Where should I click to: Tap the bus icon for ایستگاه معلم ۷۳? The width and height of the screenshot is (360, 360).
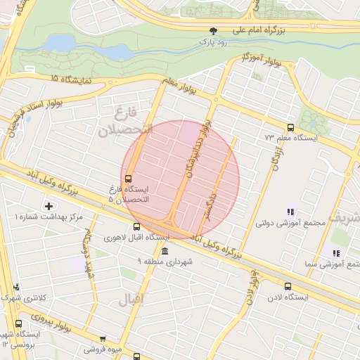[290, 127]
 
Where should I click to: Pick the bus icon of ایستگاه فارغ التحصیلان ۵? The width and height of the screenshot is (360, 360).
[127, 178]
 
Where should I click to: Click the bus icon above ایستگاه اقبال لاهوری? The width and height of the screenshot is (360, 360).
[136, 226]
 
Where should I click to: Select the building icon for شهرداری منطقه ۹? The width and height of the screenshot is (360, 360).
[165, 251]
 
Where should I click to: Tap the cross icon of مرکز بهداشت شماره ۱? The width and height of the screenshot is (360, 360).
[48, 206]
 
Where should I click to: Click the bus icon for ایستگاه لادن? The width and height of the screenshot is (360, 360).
[288, 286]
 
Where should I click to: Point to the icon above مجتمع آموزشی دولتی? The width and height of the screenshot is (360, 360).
[290, 212]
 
